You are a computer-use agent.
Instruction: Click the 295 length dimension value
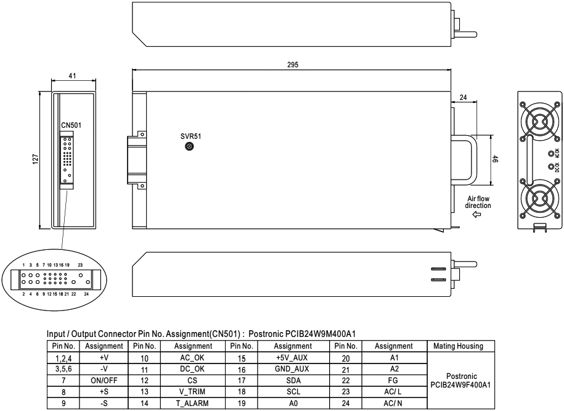tap(293, 65)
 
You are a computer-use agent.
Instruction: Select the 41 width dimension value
tap(72, 76)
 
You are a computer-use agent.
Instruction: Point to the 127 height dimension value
tap(35, 159)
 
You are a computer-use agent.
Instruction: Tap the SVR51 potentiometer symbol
tap(189, 147)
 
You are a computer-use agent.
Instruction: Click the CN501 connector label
tap(72, 125)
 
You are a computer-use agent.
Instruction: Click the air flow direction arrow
tap(476, 215)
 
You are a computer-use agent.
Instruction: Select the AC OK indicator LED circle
tap(550, 154)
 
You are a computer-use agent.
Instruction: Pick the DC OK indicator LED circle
tap(550, 167)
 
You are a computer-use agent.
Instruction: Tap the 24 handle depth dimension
tap(464, 98)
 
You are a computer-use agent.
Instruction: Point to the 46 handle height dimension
tap(496, 159)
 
